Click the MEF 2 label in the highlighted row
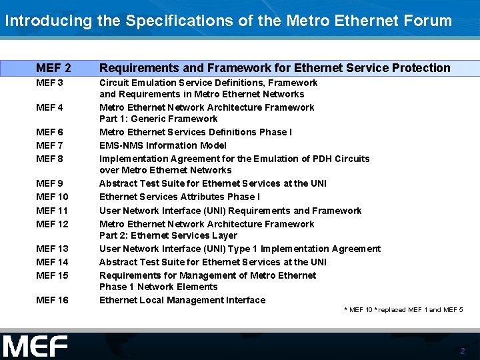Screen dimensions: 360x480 [54, 68]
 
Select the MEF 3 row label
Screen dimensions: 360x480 [50, 83]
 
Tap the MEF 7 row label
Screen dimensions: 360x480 [50, 145]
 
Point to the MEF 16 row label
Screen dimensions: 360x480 [53, 301]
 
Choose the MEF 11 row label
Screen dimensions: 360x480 [53, 211]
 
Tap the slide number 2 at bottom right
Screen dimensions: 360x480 [462, 351]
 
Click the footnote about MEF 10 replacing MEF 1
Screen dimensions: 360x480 [403, 310]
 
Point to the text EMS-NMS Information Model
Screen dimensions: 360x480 [163, 145]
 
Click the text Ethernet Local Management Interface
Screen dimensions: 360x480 [182, 301]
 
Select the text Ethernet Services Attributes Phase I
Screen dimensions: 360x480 [179, 197]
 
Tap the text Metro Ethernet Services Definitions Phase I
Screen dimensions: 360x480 [195, 132]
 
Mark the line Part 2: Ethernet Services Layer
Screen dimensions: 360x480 [168, 235]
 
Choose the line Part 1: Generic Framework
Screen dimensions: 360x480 [158, 119]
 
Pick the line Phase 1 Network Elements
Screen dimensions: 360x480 [158, 287]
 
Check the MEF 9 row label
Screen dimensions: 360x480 [50, 183]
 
